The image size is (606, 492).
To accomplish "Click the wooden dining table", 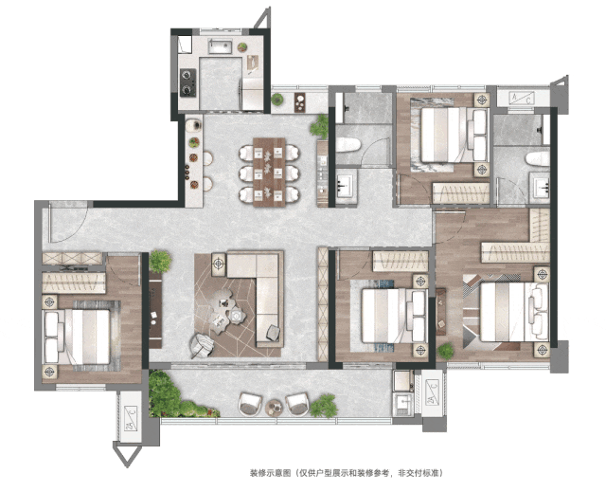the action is point(269,173).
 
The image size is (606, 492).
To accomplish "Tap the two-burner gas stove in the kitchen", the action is point(188,82).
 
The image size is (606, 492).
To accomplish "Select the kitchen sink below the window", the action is point(221,46).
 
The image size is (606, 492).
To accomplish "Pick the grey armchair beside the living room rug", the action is point(202,345).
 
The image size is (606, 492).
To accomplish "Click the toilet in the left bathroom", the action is point(348,145).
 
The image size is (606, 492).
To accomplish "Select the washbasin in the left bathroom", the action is point(345,186).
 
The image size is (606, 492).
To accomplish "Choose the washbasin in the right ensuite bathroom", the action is point(541,189).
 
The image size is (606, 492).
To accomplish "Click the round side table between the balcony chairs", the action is point(275,408).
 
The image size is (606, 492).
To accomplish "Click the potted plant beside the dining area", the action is point(320,126).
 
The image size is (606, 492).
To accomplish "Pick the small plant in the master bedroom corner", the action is point(446,351).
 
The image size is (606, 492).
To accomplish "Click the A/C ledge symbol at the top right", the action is point(522,98).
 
